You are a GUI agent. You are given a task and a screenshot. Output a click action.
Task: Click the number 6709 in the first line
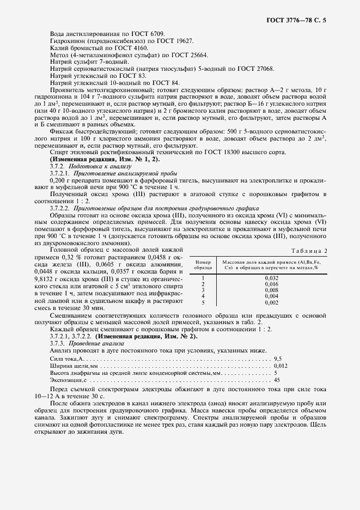156,34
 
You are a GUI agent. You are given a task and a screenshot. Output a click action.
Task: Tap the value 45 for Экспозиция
277,380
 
